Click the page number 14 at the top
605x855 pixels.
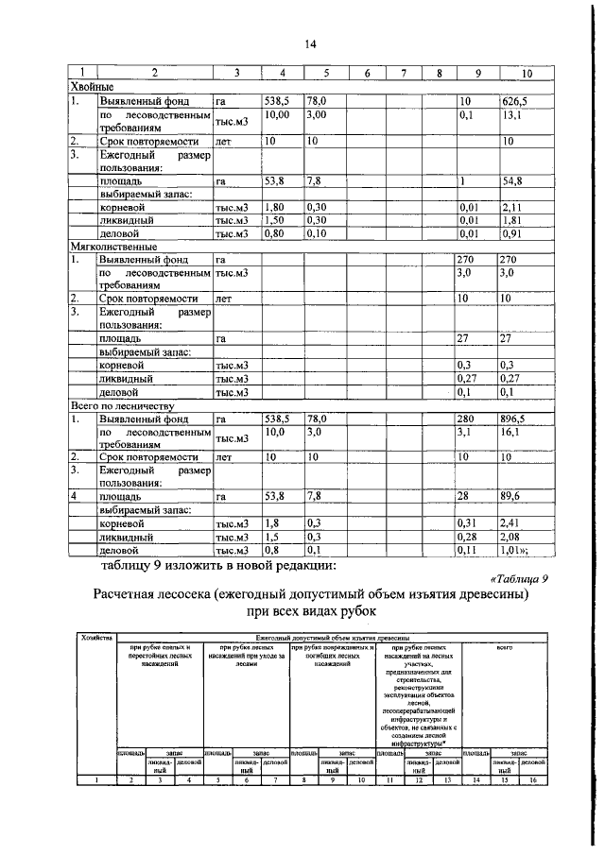(x=310, y=44)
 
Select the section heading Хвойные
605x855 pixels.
(x=91, y=87)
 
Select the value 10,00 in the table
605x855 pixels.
(x=277, y=114)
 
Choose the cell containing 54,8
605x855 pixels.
(x=514, y=180)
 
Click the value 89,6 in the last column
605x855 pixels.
(x=514, y=496)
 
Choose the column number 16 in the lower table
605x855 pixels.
(x=533, y=779)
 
